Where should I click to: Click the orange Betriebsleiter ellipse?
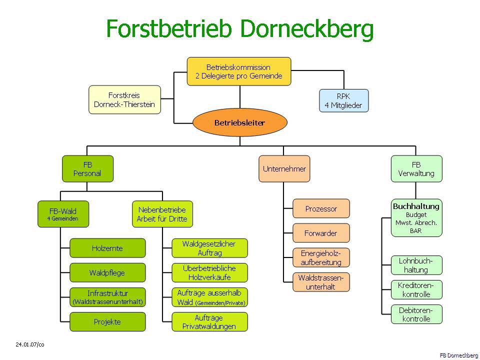tap(239, 122)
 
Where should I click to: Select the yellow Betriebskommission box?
tap(238, 71)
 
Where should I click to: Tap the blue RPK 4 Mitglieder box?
tap(343, 100)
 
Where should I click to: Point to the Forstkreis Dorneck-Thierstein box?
tap(124, 99)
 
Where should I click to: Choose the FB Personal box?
tap(87, 168)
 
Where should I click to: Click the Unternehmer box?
tap(284, 168)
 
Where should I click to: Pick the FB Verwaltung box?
tap(416, 168)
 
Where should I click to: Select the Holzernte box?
tap(107, 248)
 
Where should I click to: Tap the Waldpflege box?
tap(107, 273)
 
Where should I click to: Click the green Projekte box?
tap(107, 322)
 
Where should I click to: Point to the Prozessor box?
tap(321, 208)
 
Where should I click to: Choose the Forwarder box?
tap(321, 233)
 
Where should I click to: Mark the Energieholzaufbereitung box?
tap(321, 257)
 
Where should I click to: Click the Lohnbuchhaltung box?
tap(416, 265)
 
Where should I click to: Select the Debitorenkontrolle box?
tap(416, 314)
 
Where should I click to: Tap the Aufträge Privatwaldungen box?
tap(210, 322)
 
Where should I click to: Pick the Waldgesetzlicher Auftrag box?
tap(210, 248)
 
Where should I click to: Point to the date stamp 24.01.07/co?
tap(30, 344)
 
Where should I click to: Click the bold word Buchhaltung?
tap(416, 206)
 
